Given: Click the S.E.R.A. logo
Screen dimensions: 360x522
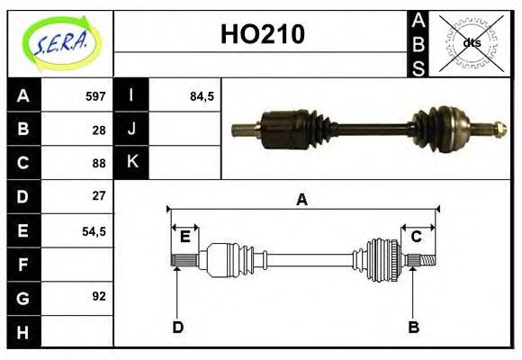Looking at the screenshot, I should click(x=60, y=42).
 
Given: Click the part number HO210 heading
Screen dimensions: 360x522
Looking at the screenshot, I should click(x=262, y=34).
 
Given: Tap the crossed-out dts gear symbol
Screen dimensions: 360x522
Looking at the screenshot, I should click(x=471, y=42).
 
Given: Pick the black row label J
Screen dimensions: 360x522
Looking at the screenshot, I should click(x=131, y=130).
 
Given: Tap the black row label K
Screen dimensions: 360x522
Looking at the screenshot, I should click(x=131, y=163).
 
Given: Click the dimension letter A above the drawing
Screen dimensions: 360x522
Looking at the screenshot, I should click(x=302, y=200).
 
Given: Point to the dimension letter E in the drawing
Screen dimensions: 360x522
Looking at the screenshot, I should click(x=184, y=237).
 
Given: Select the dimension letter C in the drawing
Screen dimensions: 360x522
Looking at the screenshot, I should click(x=417, y=237).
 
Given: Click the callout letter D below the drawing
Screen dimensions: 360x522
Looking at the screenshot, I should click(x=177, y=327).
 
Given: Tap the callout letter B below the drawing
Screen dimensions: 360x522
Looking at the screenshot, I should click(x=413, y=327).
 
